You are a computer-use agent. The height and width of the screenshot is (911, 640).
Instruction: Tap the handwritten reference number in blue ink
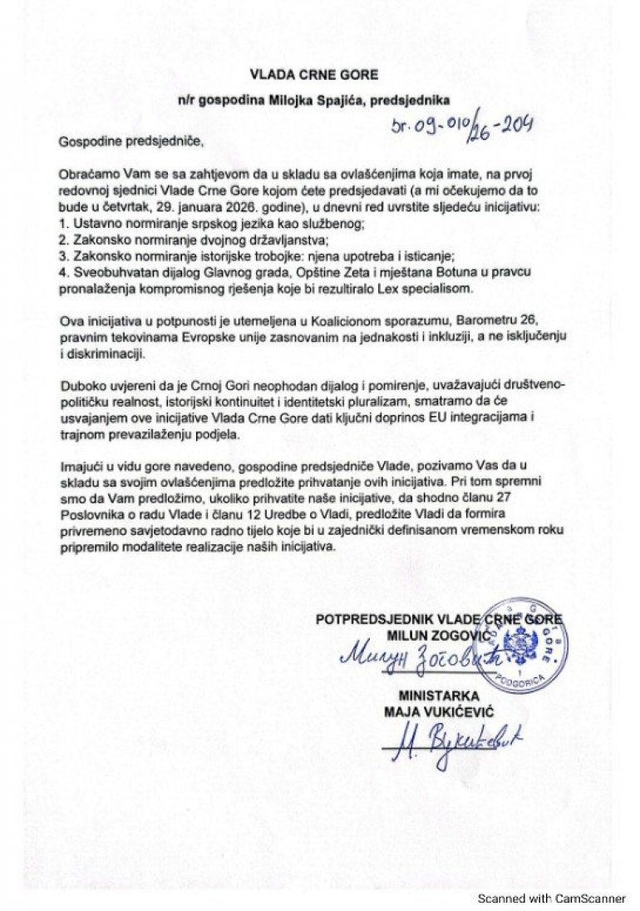461,126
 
